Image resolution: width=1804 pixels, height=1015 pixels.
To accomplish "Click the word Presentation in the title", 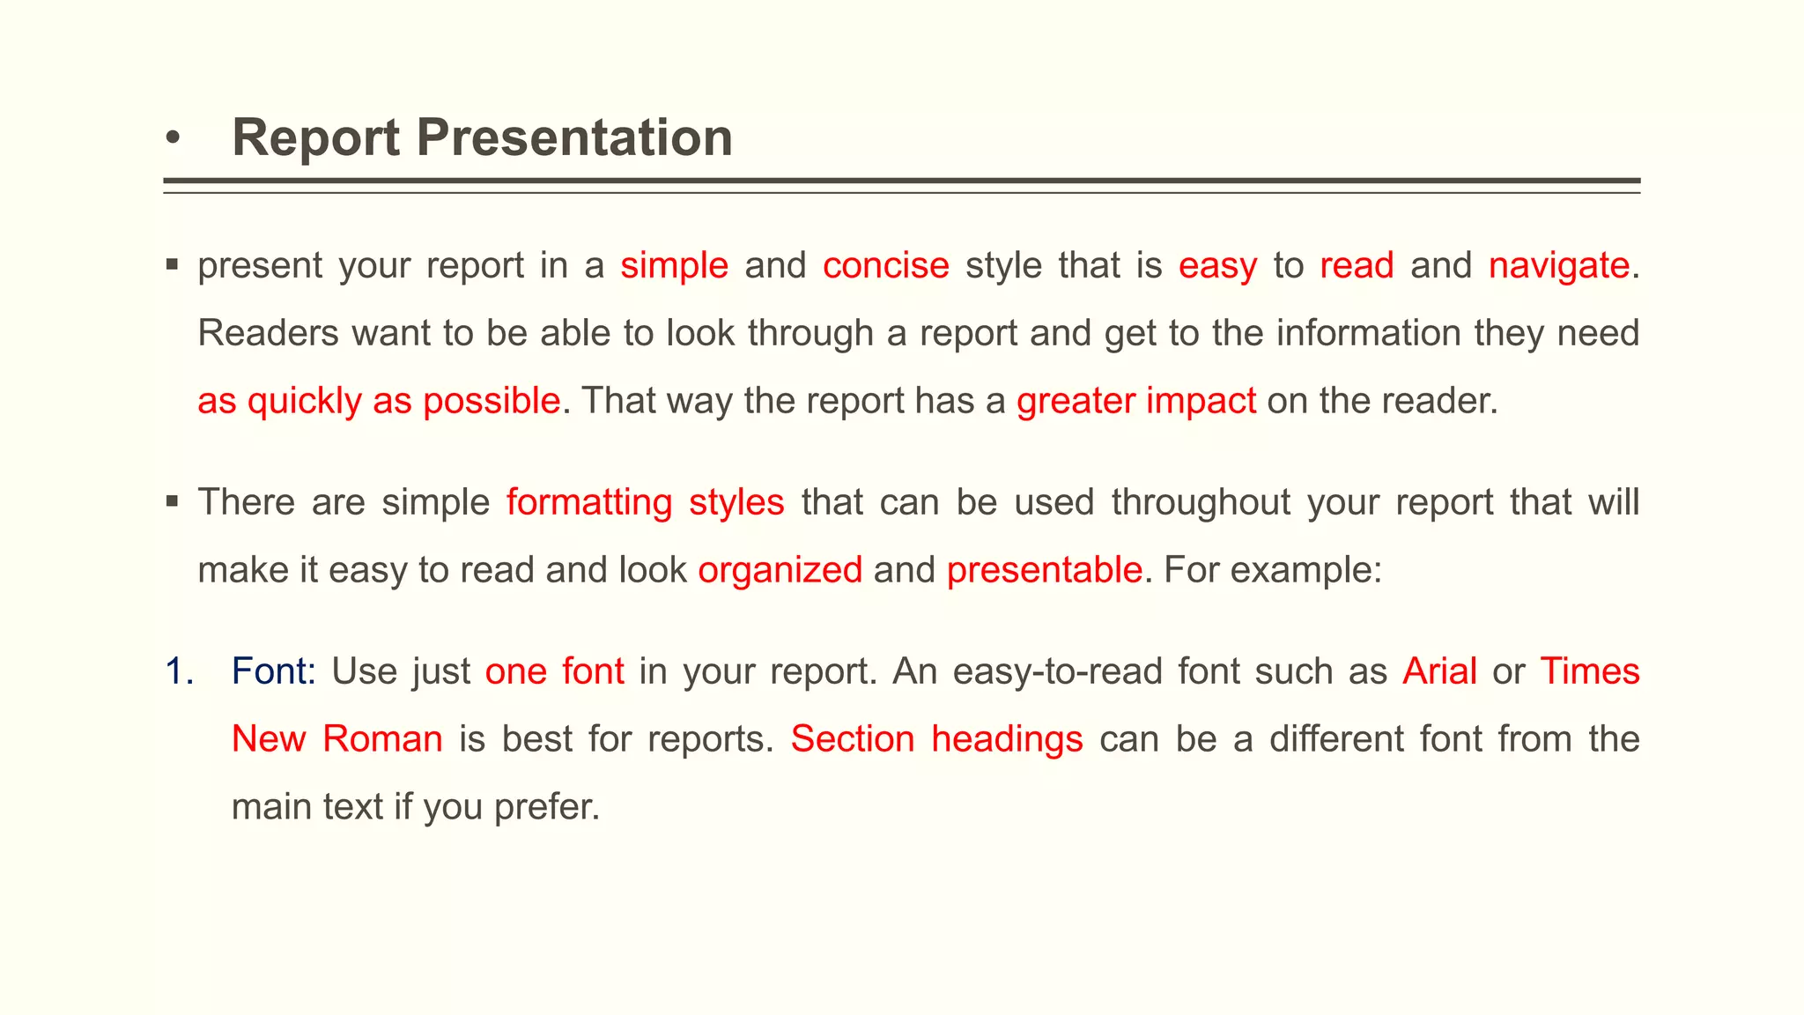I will [573, 138].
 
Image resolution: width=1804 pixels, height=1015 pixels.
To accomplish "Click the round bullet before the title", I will [174, 139].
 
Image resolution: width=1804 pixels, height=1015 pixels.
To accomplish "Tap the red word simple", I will [674, 265].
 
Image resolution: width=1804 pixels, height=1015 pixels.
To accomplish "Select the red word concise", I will [885, 265].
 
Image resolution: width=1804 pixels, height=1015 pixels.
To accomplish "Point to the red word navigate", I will [1558, 265].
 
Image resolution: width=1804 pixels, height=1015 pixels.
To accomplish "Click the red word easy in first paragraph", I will [1217, 265].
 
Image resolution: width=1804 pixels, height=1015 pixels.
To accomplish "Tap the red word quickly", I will [304, 401].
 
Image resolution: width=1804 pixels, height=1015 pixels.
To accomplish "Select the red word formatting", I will [589, 502].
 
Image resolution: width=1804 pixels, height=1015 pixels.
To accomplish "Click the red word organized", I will [780, 570].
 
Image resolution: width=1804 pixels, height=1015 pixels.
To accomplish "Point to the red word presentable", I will [1044, 570].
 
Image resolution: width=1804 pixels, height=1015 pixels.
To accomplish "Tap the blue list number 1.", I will [179, 671].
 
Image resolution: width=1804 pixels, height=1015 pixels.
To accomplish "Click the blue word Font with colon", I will [273, 671].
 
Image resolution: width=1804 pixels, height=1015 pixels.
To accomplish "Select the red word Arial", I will [1439, 671].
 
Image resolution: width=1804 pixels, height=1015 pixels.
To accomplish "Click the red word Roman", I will [382, 738].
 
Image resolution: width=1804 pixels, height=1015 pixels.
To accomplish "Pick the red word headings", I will [1007, 738].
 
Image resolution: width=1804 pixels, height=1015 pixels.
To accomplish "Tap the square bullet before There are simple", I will [173, 501].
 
